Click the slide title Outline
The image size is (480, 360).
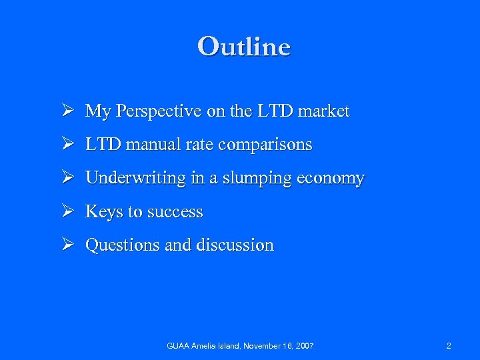coord(244,47)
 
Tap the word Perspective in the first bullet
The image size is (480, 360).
coord(155,111)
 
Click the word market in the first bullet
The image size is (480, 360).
coord(324,111)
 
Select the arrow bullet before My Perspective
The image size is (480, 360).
coord(67,111)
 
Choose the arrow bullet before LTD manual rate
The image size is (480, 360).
coord(67,145)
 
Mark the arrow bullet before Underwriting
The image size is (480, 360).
coord(67,179)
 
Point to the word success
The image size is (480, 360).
coord(175,212)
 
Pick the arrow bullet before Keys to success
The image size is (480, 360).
coord(67,212)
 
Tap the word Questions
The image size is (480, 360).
coord(123,245)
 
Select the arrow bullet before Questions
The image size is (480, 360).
coord(67,245)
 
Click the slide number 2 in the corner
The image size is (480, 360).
coord(449,346)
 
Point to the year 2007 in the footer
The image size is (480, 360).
coord(303,346)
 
